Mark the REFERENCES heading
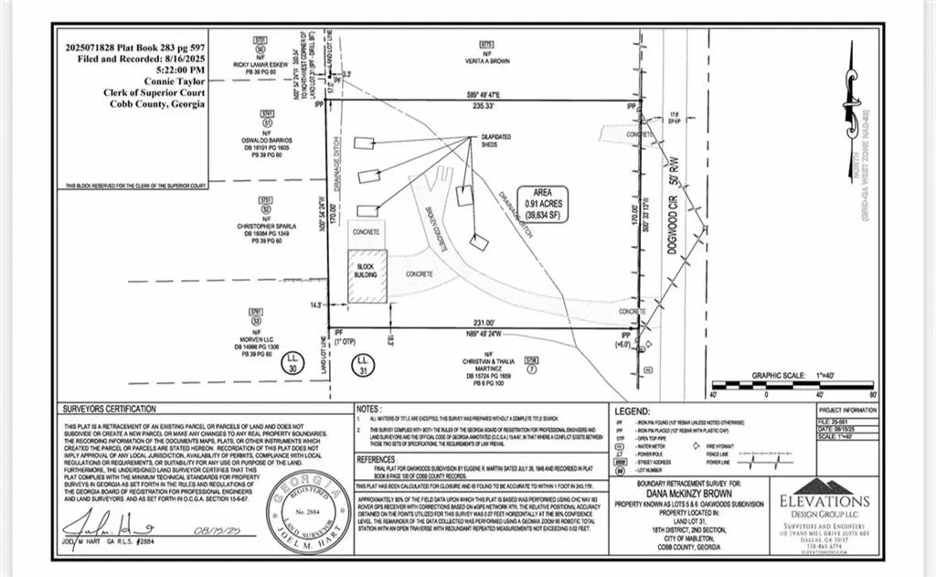(378, 459)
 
